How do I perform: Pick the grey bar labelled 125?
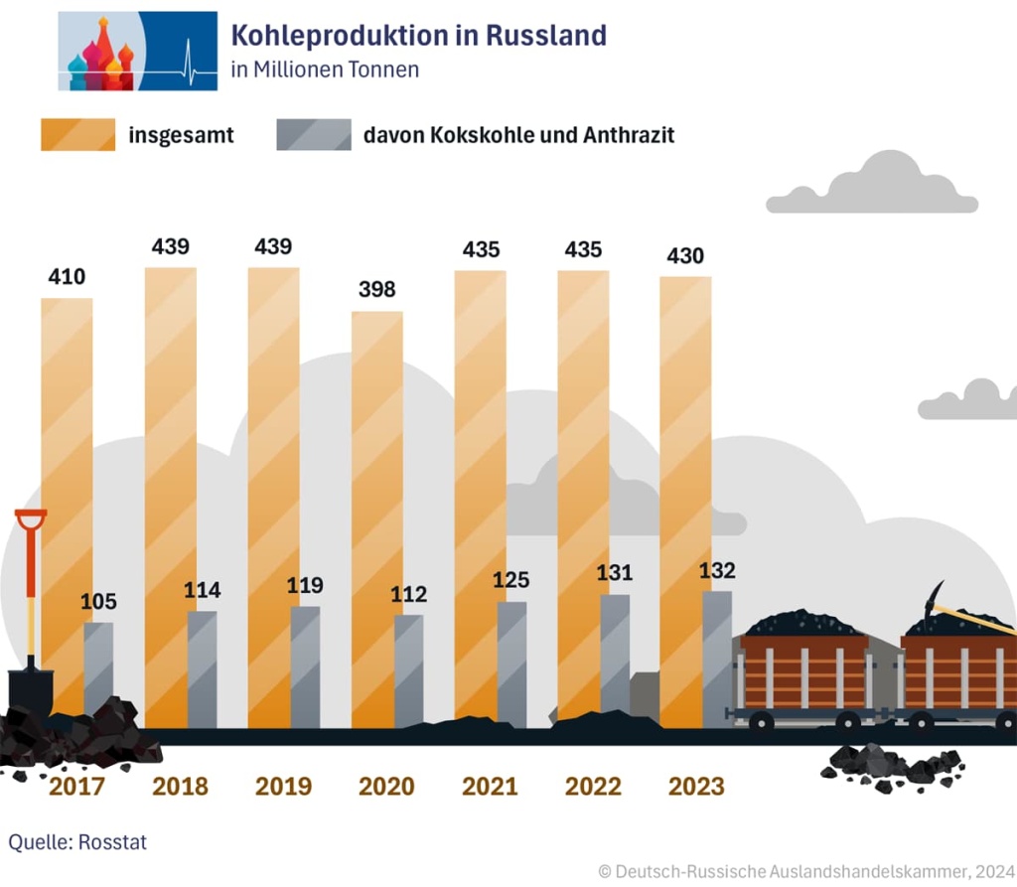(x=511, y=661)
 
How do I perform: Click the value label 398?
(x=377, y=289)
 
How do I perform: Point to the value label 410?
(x=68, y=276)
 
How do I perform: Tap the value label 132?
(x=717, y=570)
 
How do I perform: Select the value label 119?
(x=305, y=585)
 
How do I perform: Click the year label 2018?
(x=181, y=787)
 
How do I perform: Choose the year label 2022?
(x=594, y=787)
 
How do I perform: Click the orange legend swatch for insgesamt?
(x=77, y=134)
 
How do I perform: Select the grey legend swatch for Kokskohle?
(x=314, y=134)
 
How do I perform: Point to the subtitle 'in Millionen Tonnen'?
(x=325, y=70)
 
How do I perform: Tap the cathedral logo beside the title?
(x=137, y=52)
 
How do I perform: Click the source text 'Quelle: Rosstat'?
(x=77, y=842)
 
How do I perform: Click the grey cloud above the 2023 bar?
(x=872, y=187)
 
